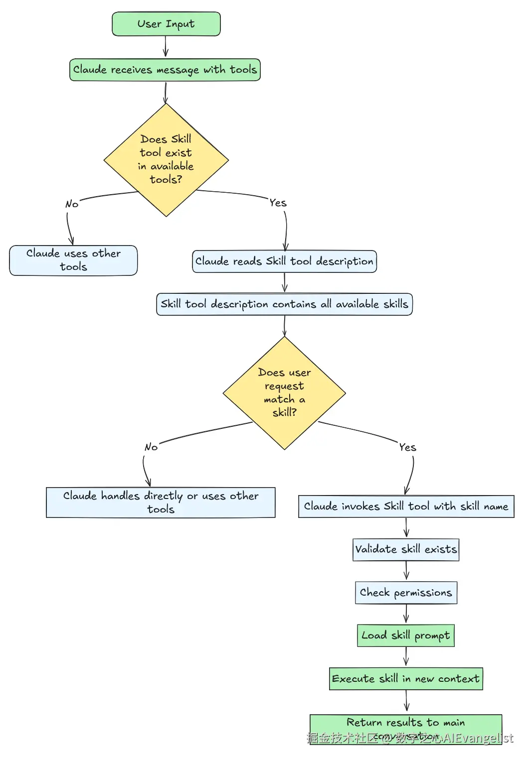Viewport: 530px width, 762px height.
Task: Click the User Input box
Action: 166,24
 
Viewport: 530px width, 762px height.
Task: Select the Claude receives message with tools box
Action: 165,70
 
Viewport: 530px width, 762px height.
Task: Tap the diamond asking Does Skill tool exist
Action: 166,159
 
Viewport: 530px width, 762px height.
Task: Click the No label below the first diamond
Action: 72,204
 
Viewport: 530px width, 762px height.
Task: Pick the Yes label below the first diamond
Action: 278,203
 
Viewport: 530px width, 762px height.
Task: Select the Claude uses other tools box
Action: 73,260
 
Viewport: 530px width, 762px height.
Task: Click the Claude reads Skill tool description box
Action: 284,261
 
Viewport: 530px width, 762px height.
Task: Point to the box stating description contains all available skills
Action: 284,304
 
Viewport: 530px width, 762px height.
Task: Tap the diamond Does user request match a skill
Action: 284,392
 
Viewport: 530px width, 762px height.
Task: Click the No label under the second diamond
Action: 151,447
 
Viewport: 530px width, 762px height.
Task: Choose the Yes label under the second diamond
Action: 407,447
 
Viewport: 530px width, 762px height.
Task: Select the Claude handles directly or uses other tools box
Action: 161,502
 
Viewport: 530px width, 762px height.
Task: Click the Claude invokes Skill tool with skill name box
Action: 406,507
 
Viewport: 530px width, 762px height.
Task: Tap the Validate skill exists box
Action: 406,549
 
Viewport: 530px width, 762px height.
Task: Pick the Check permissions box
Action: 406,593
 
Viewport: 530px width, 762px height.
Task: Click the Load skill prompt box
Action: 406,635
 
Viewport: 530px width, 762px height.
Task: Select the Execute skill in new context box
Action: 406,679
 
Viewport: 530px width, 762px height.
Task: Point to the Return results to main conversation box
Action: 406,727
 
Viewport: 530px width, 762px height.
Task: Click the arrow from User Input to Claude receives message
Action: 166,47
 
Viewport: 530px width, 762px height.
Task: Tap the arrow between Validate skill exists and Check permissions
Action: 406,571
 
